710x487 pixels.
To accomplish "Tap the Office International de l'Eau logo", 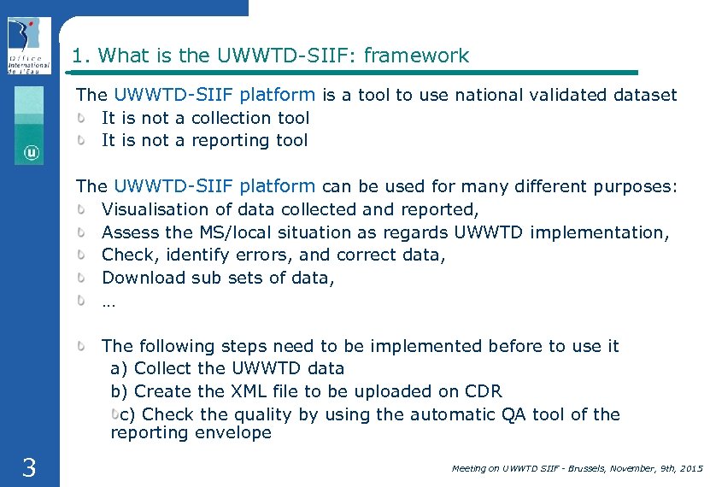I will [x=29, y=46].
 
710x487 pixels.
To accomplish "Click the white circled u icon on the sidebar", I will [x=31, y=153].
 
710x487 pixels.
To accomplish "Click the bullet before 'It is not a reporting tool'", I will [x=84, y=140].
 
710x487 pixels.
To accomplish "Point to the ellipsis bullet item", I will [x=108, y=300].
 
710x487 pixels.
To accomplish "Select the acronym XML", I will [x=248, y=391].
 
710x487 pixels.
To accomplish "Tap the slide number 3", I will [x=28, y=467].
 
